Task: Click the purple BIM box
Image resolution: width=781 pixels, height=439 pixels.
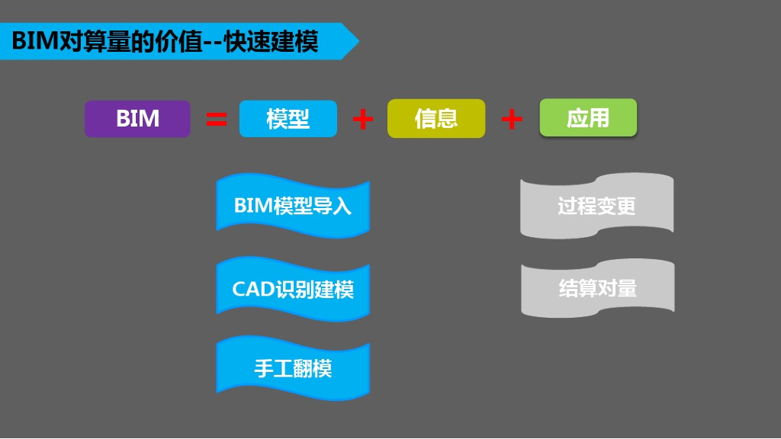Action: click(137, 119)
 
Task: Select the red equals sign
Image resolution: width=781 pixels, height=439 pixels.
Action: click(217, 119)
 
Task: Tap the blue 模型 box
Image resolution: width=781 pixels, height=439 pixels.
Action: click(288, 119)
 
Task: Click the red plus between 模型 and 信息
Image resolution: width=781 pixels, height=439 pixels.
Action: click(363, 119)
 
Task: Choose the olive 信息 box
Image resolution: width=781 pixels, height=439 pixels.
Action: click(435, 119)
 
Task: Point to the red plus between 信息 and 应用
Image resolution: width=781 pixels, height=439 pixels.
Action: click(512, 119)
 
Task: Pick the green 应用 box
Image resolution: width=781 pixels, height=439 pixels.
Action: click(587, 118)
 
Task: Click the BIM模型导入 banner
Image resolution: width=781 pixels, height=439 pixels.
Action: click(293, 206)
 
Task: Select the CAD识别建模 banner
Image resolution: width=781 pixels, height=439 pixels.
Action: click(293, 290)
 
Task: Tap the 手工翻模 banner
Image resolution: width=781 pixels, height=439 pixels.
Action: click(293, 370)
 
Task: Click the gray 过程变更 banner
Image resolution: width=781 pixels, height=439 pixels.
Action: click(596, 206)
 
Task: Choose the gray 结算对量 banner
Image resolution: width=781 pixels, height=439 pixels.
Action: click(597, 288)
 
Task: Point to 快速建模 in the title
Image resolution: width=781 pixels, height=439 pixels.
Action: click(271, 41)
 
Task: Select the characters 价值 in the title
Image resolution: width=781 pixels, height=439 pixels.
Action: click(178, 41)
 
